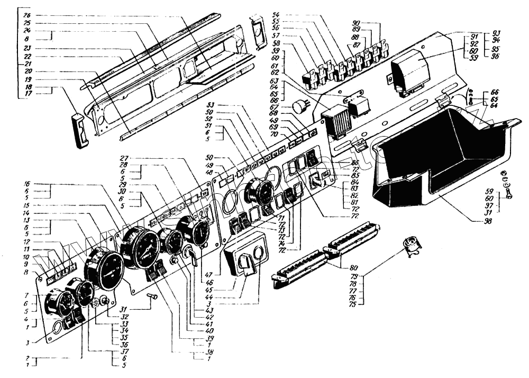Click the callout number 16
coord(27,184)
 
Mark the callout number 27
coord(124,158)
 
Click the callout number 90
coord(355,23)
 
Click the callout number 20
coord(27,71)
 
